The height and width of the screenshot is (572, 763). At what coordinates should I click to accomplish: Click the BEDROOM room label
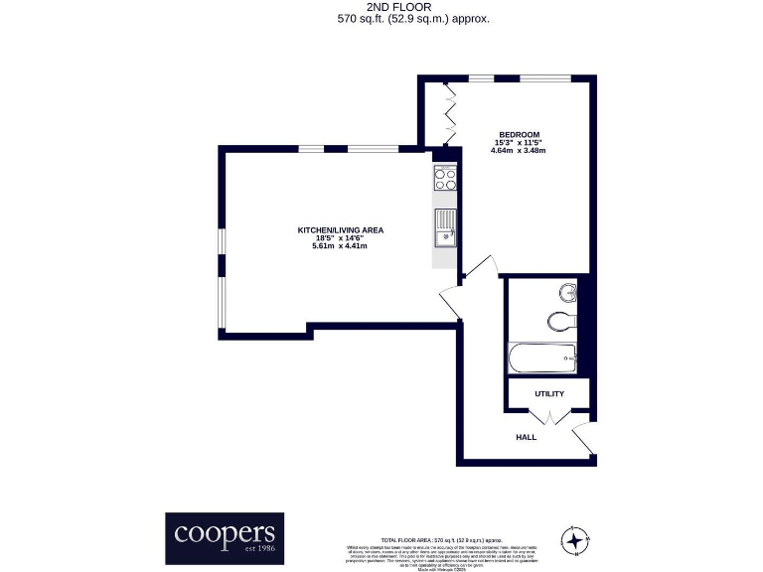(519, 134)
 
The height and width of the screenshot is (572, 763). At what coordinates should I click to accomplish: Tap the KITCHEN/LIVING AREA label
(340, 230)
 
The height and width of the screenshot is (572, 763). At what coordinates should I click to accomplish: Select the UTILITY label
(548, 394)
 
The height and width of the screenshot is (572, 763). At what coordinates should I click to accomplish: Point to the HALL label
(526, 437)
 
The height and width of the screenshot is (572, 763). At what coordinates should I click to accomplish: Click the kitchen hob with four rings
(445, 180)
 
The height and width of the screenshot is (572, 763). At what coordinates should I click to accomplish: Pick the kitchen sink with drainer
(445, 227)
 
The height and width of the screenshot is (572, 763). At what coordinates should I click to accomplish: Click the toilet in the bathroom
(561, 322)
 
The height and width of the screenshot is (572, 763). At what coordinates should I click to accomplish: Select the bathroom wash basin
(568, 292)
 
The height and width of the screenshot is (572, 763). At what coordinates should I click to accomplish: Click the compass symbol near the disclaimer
(574, 540)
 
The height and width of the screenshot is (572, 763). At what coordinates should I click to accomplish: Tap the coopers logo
(224, 537)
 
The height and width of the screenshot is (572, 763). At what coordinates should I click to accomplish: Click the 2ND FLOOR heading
(381, 7)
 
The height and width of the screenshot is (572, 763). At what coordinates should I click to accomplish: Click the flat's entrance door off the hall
(585, 438)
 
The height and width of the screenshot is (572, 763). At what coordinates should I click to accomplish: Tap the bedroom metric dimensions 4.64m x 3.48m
(519, 151)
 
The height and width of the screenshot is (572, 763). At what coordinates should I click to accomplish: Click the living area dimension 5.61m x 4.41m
(340, 246)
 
